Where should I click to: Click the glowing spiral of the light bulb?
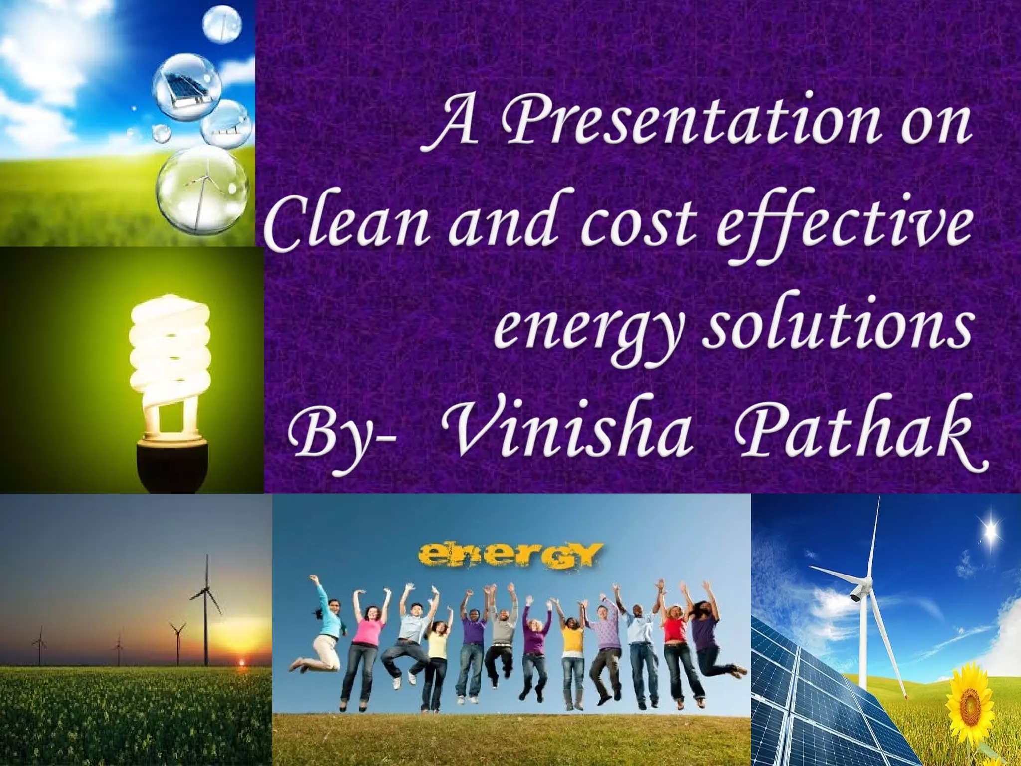pos(170,349)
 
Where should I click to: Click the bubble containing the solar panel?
pos(186,86)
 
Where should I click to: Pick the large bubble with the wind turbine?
pos(202,189)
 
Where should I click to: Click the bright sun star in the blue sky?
pos(990,529)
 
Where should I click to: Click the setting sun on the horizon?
pos(243,662)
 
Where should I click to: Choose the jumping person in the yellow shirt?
pos(572,648)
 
